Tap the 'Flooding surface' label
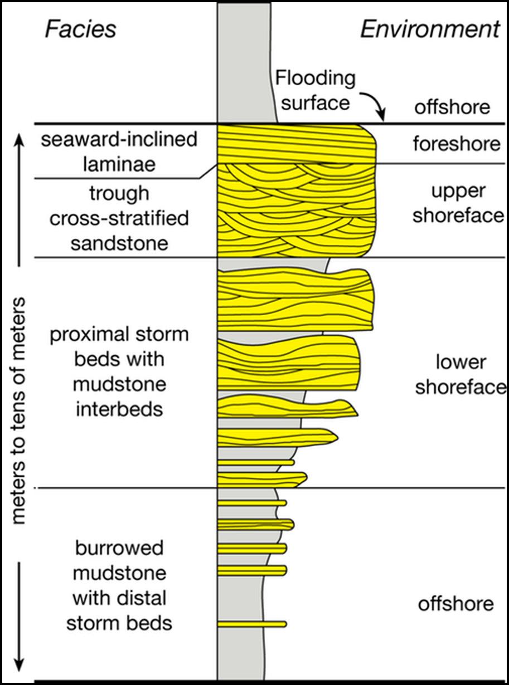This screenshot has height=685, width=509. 316,90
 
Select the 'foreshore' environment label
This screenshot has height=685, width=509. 456,144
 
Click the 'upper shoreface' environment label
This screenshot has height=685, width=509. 458,203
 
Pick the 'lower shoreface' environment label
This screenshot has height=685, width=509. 460,375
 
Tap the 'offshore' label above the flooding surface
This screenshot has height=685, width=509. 452,106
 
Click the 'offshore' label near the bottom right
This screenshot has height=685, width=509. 455,603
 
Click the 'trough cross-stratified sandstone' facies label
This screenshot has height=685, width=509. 119,218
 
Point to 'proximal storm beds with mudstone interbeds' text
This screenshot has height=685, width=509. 119,372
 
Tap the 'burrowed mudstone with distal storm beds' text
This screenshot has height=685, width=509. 119,585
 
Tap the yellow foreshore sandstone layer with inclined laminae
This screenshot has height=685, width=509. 295,144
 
